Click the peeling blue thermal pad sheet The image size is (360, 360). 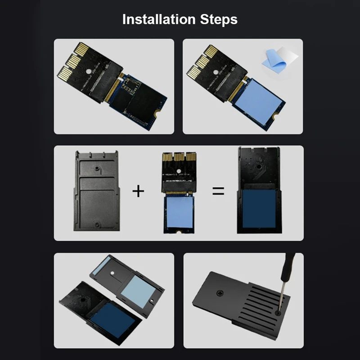279,61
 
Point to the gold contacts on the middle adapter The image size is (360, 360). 177,158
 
